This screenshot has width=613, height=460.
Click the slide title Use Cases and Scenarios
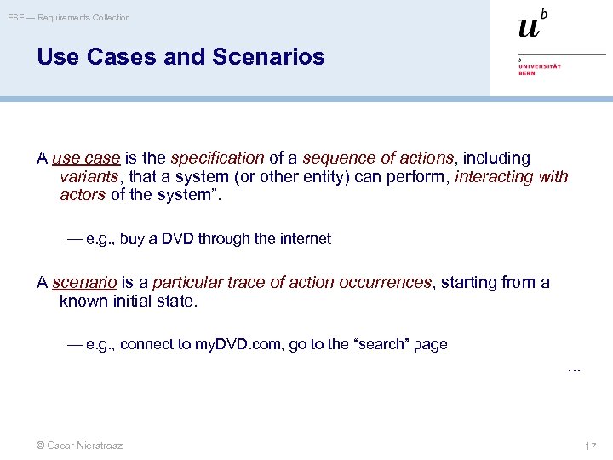click(180, 57)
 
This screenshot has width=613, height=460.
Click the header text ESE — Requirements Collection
click(70, 18)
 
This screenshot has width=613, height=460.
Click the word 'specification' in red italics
click(217, 158)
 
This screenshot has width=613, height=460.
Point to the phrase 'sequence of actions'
click(379, 158)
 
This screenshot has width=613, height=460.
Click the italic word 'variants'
click(89, 177)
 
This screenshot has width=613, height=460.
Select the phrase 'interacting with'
click(511, 177)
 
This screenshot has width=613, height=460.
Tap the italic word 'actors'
click(83, 195)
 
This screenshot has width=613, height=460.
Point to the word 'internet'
click(301, 239)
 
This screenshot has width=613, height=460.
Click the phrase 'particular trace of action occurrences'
click(292, 283)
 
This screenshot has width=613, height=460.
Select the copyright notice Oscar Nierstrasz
click(80, 445)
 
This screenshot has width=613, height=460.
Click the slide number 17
click(590, 446)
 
